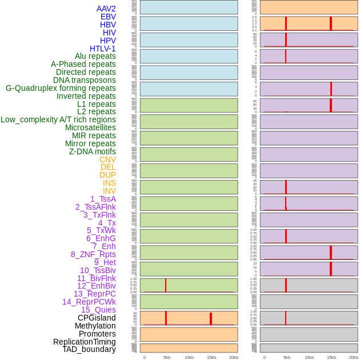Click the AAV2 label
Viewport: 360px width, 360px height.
point(106,9)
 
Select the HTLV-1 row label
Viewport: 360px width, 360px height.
point(102,49)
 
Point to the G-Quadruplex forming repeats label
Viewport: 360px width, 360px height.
point(61,88)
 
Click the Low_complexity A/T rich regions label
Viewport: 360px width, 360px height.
point(58,119)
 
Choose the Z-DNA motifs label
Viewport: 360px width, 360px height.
point(92,151)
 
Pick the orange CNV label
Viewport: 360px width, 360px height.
point(107,159)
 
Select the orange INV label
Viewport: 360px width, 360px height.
point(109,191)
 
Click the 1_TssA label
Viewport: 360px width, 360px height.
point(103,199)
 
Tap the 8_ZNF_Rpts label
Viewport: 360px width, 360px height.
point(93,254)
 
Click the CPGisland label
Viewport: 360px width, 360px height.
point(97,318)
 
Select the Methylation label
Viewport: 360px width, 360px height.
point(95,326)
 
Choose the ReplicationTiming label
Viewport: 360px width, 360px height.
point(85,342)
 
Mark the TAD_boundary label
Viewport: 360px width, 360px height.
point(89,349)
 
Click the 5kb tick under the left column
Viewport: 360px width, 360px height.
point(167,357)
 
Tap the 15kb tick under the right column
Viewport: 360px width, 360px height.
point(331,357)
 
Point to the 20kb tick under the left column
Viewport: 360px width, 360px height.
point(234,357)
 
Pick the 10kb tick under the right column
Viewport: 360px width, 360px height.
point(309,357)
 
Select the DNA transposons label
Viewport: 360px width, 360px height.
point(85,80)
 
